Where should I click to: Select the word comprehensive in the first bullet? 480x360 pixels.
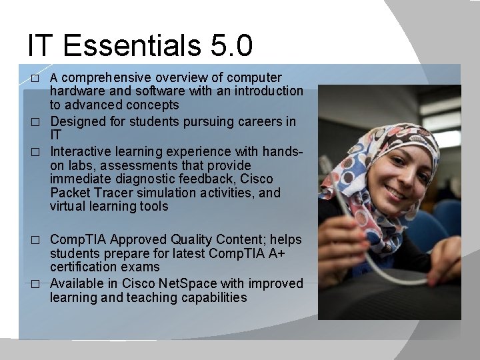(106, 77)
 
